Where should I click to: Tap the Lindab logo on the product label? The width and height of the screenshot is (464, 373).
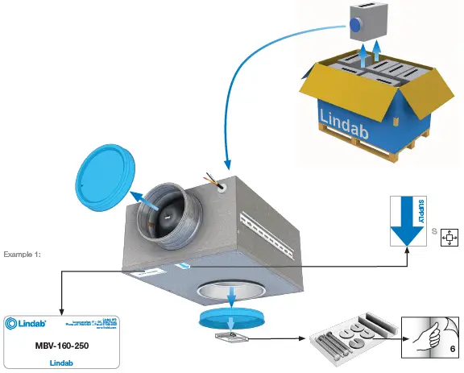pyautogui.click(x=27, y=324)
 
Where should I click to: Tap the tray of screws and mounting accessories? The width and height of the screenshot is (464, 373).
pyautogui.click(x=355, y=339)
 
